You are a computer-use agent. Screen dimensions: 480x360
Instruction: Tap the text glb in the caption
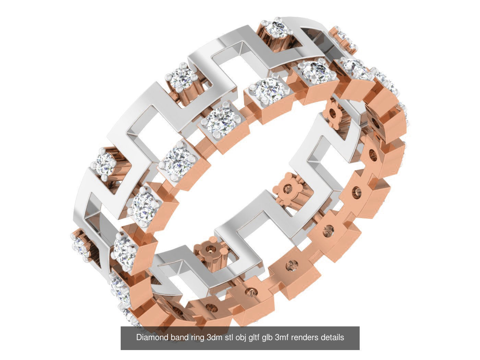coord(267,338)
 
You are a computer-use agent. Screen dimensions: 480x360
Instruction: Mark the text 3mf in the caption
coord(282,337)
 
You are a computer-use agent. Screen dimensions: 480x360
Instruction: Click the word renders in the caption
coord(305,337)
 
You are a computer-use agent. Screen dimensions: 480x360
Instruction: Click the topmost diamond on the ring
coord(276,30)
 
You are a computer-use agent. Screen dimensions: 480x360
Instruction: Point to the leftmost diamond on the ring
coord(80,244)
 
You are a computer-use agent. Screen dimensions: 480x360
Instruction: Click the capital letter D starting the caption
coord(139,337)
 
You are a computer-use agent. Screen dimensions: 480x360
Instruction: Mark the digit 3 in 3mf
coord(277,337)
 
